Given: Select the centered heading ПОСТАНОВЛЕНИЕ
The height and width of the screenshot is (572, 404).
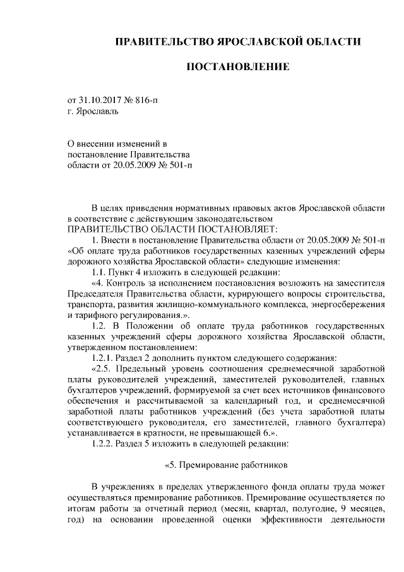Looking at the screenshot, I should click(x=237, y=66).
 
